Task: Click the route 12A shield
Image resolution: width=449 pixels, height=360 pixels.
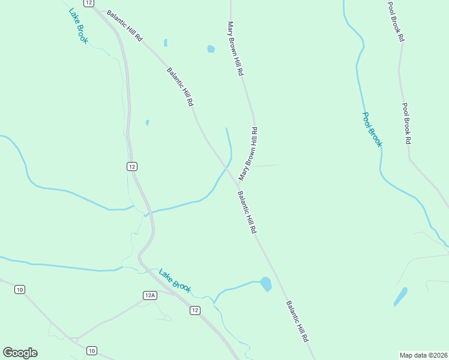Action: coord(150,295)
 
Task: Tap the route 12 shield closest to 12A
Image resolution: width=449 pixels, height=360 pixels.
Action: coord(194,310)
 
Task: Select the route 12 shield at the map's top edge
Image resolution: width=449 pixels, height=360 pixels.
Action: coord(89,3)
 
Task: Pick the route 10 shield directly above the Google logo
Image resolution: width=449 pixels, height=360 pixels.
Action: coord(20,290)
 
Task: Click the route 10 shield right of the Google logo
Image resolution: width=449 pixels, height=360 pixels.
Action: coord(91,350)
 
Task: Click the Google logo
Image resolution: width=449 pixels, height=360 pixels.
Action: coord(20,353)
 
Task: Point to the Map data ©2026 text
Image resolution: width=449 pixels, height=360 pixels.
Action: coord(423,355)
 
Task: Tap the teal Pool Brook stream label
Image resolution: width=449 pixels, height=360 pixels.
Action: coord(372,130)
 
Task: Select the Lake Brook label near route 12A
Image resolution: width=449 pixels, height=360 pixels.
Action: coord(175,281)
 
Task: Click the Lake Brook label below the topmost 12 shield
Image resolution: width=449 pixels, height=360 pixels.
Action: coord(78,26)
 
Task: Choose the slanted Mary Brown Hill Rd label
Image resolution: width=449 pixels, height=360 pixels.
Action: coord(248,154)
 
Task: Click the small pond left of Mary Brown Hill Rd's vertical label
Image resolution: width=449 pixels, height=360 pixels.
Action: coord(211,49)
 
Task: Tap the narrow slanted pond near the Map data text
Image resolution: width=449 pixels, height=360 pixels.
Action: coord(400,296)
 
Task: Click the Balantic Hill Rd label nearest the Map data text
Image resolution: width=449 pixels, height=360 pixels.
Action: coord(297,321)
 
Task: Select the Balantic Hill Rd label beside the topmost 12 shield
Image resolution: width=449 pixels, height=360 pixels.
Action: coord(125,25)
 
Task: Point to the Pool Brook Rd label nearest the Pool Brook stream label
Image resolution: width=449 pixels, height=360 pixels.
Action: coord(406,124)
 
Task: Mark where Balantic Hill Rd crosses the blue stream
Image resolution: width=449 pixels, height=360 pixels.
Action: coord(227,166)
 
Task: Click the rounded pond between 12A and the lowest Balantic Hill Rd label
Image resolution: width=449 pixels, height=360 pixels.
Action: coord(265,284)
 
